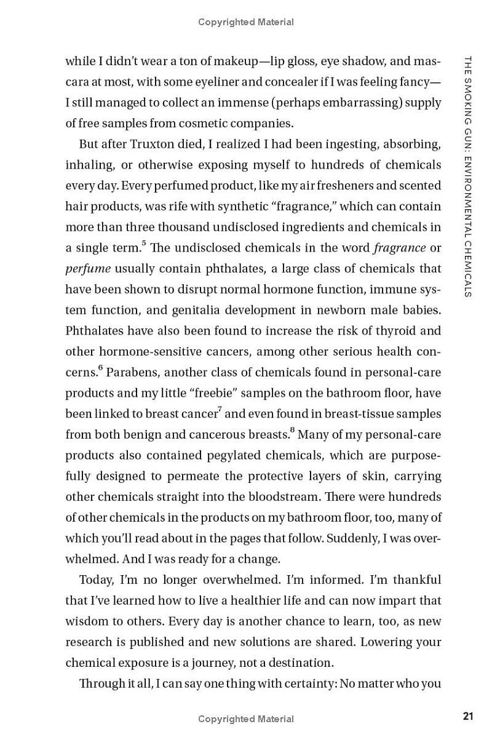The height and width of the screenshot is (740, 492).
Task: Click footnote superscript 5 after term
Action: [144, 244]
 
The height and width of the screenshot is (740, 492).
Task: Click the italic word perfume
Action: [87, 269]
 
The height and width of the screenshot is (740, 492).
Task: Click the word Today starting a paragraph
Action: [97, 579]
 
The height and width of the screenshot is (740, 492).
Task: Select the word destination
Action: [298, 662]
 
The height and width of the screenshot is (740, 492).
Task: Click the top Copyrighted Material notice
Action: [246, 22]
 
